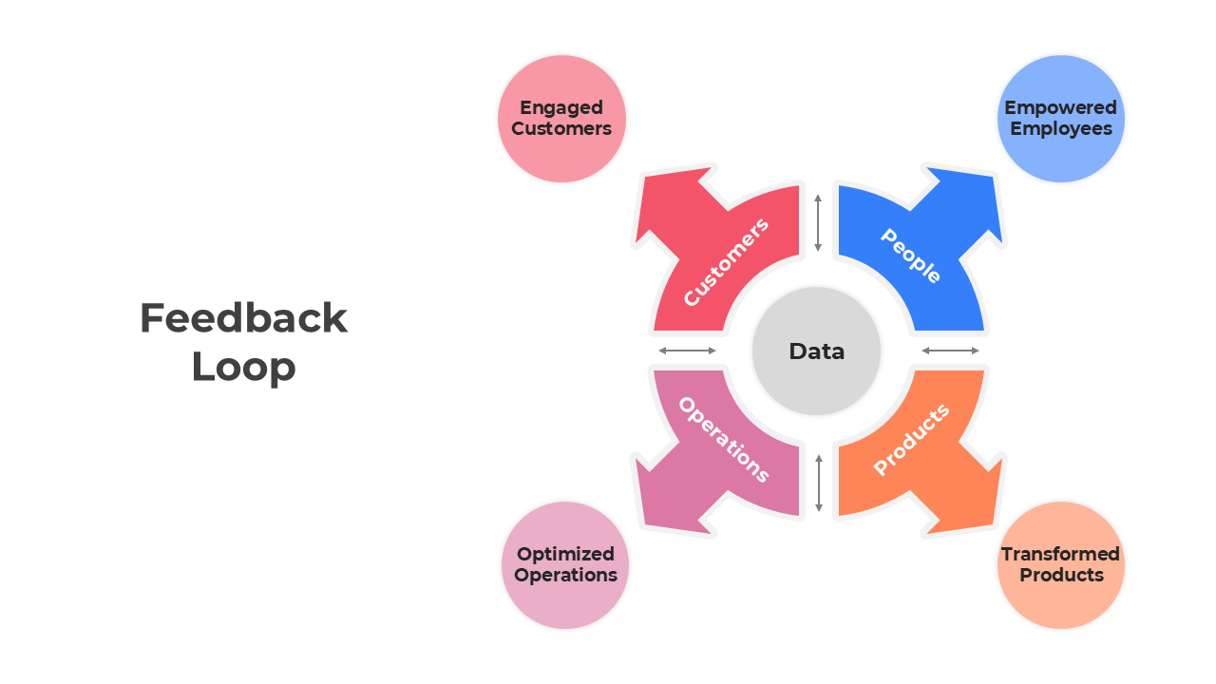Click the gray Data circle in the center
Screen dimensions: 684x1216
coord(816,351)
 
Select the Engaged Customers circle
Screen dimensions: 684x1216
coord(561,119)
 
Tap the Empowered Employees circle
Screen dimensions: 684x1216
coord(1060,119)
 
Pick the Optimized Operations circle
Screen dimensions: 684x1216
coord(565,565)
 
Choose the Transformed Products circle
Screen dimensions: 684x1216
coord(1060,565)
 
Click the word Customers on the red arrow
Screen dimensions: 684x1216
coord(726,262)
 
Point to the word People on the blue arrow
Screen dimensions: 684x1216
coord(910,256)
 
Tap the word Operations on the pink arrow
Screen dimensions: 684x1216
coord(723,440)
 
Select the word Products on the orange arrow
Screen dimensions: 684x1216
coord(911,439)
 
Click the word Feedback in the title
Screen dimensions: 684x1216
coord(243,318)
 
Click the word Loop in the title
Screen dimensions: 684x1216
coord(243,367)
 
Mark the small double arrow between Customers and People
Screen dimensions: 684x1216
coord(818,223)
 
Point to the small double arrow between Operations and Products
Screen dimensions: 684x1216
coord(818,483)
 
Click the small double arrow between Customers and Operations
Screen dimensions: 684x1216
coord(687,351)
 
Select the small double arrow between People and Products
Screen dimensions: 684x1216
coord(950,351)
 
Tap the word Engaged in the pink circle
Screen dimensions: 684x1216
coord(561,107)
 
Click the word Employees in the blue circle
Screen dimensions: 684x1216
coord(1060,129)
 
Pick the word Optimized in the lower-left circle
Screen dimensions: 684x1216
coord(565,554)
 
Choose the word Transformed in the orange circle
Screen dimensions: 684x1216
coord(1060,554)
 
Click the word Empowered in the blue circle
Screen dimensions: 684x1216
coord(1060,107)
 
